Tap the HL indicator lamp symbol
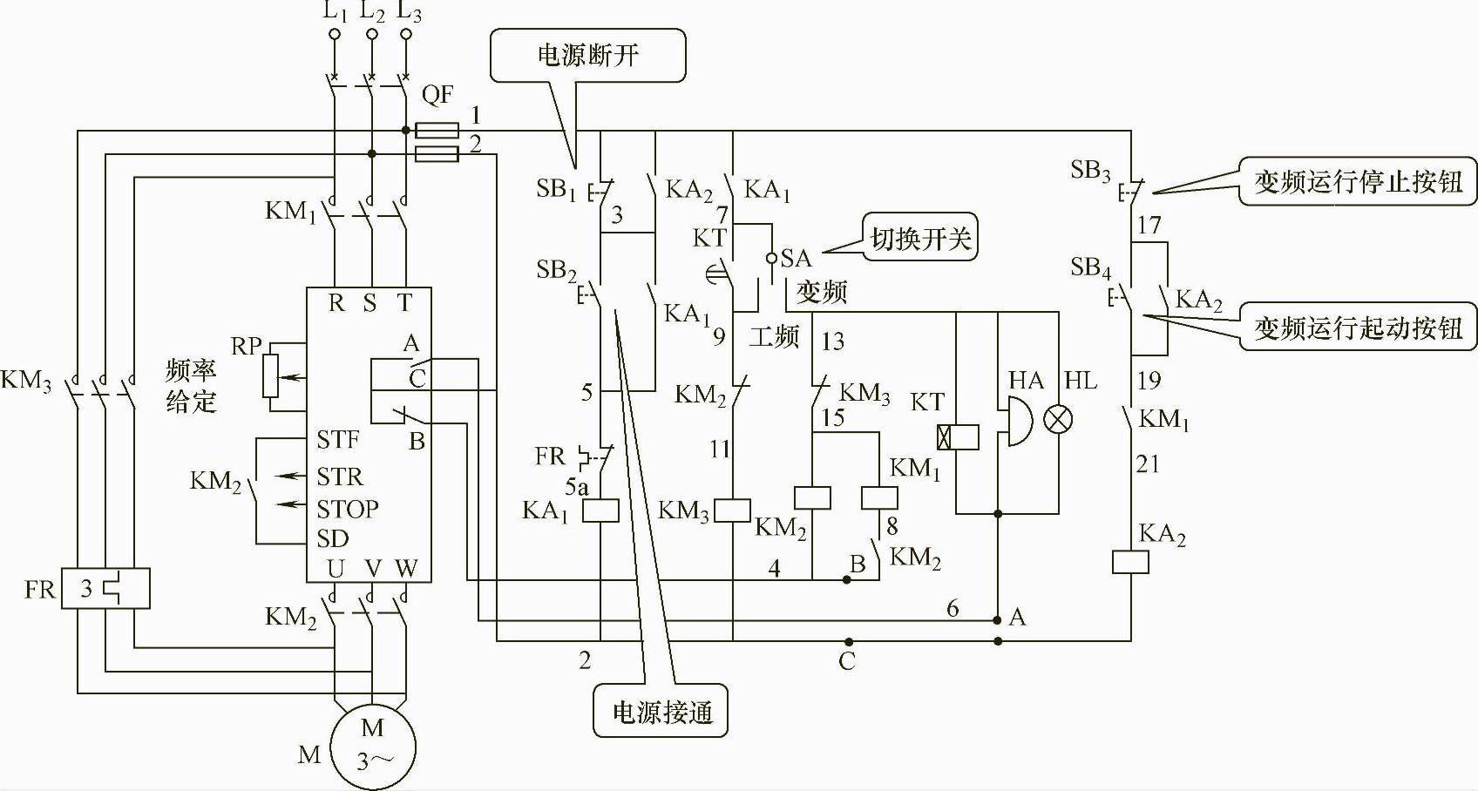1058,419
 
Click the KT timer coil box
957,436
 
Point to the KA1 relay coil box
600,510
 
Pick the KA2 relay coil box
1130,562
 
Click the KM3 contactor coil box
733,510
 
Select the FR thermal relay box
105,589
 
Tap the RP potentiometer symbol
271,376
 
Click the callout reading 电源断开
588,56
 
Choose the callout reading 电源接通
661,712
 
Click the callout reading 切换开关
920,237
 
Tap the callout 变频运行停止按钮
1357,181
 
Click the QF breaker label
437,94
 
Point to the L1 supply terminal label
335,12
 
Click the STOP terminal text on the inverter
348,509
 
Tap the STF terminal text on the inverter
338,439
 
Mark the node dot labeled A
998,620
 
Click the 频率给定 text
191,386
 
